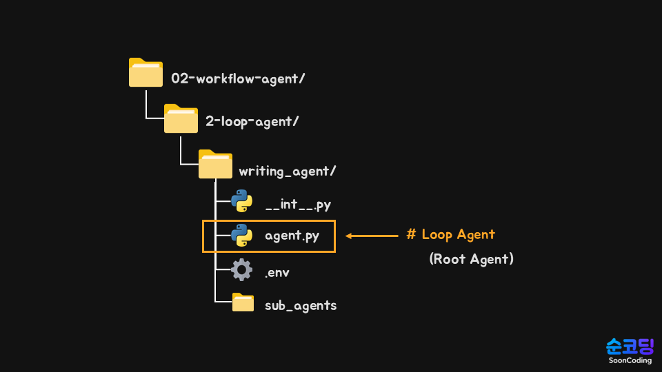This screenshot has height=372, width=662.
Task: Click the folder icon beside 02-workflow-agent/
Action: (x=146, y=73)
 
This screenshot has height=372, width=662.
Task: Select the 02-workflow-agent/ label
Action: (x=238, y=79)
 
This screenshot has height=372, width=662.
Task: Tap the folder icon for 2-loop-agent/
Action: (x=181, y=118)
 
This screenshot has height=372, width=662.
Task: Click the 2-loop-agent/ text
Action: (x=252, y=121)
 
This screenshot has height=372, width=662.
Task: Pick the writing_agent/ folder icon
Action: (x=215, y=165)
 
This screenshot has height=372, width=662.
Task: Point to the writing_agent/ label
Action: (x=287, y=171)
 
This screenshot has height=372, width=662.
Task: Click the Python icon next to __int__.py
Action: (x=241, y=200)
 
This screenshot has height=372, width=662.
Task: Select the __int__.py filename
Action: (x=298, y=205)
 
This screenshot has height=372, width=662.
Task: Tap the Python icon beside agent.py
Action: (x=241, y=236)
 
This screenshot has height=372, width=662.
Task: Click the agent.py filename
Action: (x=292, y=236)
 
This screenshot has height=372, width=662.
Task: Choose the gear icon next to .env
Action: (x=241, y=269)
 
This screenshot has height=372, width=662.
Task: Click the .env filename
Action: (x=277, y=273)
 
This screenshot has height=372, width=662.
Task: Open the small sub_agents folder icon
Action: (x=243, y=302)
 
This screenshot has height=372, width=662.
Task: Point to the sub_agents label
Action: (x=301, y=305)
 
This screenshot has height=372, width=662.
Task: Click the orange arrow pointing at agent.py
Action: (x=372, y=236)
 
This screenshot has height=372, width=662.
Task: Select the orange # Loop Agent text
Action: (x=451, y=234)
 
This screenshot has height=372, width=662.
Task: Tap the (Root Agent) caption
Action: (x=471, y=260)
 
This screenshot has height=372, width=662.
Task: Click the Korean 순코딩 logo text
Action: (x=630, y=347)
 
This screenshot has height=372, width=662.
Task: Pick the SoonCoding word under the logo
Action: (x=630, y=360)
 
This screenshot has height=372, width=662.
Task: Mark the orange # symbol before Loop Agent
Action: (x=411, y=234)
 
